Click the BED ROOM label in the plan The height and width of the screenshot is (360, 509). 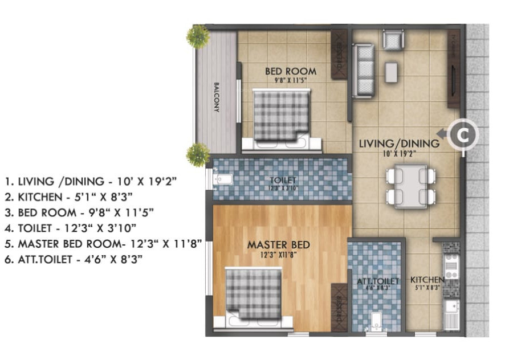[290, 72]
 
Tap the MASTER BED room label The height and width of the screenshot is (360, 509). [278, 245]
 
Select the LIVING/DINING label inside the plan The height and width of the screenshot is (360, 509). [398, 144]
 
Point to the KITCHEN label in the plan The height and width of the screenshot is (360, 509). [427, 280]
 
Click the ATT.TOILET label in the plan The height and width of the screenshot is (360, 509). [377, 281]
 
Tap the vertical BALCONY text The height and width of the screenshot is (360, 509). [217, 97]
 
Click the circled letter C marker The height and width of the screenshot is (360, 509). [463, 134]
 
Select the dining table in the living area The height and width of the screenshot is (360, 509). [411, 186]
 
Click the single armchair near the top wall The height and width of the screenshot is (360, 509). [392, 40]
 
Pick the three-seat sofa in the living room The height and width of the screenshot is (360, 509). [363, 70]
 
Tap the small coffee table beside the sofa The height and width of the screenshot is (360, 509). [391, 72]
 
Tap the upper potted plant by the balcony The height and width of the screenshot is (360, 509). [197, 36]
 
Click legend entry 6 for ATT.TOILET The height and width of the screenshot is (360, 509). [73, 259]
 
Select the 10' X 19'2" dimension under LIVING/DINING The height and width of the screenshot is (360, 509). [399, 153]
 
